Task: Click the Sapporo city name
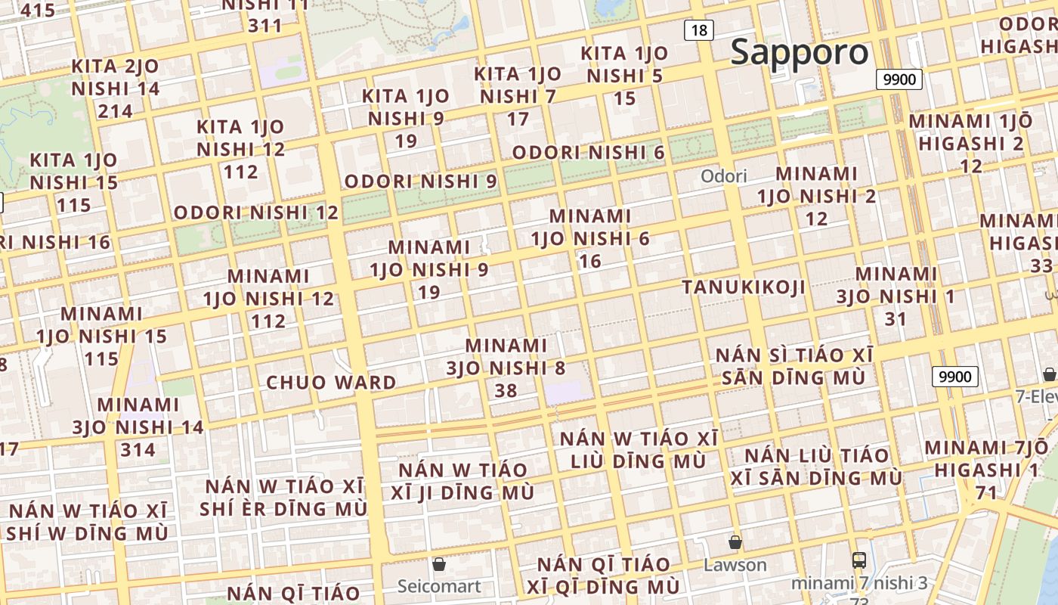tap(800, 52)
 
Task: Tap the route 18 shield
tap(699, 30)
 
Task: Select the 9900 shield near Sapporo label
tap(899, 79)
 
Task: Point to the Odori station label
tap(723, 176)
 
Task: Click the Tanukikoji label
tap(744, 287)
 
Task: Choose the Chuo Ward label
tap(331, 383)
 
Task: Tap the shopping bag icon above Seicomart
tap(438, 564)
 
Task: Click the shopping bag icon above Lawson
tap(735, 542)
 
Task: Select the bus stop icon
tap(859, 560)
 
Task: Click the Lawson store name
tap(735, 565)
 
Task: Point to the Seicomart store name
tap(439, 586)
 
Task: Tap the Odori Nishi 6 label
tap(588, 153)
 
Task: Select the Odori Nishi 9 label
tap(421, 181)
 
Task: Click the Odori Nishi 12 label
tap(256, 213)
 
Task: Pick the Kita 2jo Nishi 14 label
tap(116, 88)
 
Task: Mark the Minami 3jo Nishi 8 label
tap(506, 368)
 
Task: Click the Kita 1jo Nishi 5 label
tap(624, 76)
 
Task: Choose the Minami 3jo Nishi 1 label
tap(896, 296)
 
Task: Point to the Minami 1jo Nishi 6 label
tap(590, 238)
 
